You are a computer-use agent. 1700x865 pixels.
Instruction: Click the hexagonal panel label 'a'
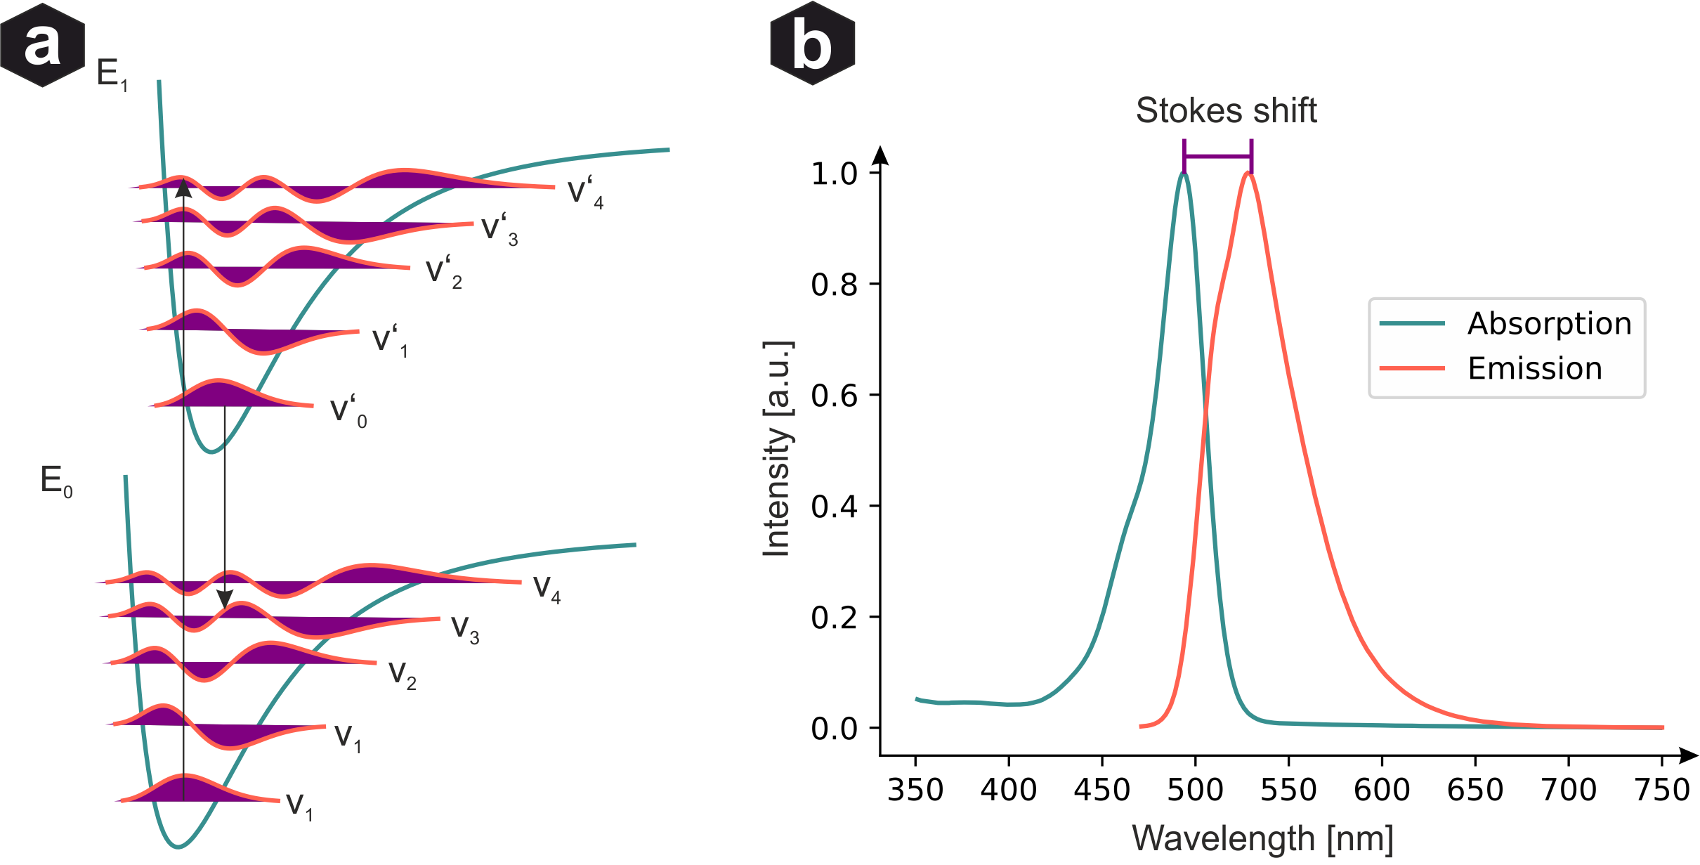click(x=42, y=45)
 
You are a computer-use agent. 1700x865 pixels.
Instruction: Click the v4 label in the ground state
click(x=547, y=588)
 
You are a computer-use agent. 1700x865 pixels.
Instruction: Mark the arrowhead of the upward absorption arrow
click(x=183, y=188)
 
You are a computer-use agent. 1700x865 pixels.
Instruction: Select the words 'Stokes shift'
click(x=1226, y=111)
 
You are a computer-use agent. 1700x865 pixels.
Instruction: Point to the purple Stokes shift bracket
click(x=1217, y=155)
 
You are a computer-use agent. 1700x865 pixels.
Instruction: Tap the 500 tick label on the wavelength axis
click(x=1195, y=791)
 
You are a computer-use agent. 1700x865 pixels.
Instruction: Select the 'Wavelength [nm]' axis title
click(x=1262, y=839)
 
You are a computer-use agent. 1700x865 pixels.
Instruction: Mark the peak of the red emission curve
click(x=1249, y=173)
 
